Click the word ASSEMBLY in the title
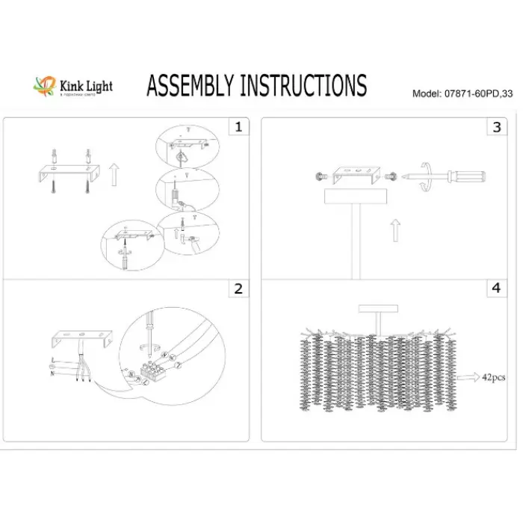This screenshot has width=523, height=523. click(x=190, y=87)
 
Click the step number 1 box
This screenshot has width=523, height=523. click(x=238, y=127)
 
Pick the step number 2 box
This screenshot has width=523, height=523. click(x=238, y=288)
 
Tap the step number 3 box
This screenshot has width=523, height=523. click(x=495, y=127)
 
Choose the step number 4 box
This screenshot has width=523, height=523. click(x=495, y=288)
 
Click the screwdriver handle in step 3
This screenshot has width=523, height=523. click(x=471, y=178)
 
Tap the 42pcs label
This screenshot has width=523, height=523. click(x=493, y=378)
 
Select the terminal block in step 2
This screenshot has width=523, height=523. click(x=152, y=368)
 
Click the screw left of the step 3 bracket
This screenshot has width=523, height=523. click(x=321, y=176)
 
